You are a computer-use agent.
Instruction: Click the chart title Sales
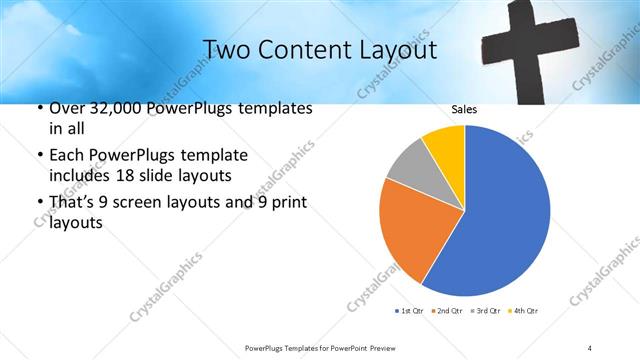pos(463,109)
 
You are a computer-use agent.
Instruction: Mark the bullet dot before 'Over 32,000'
pos(38,108)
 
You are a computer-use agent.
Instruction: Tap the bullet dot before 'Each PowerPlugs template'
pos(38,156)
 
